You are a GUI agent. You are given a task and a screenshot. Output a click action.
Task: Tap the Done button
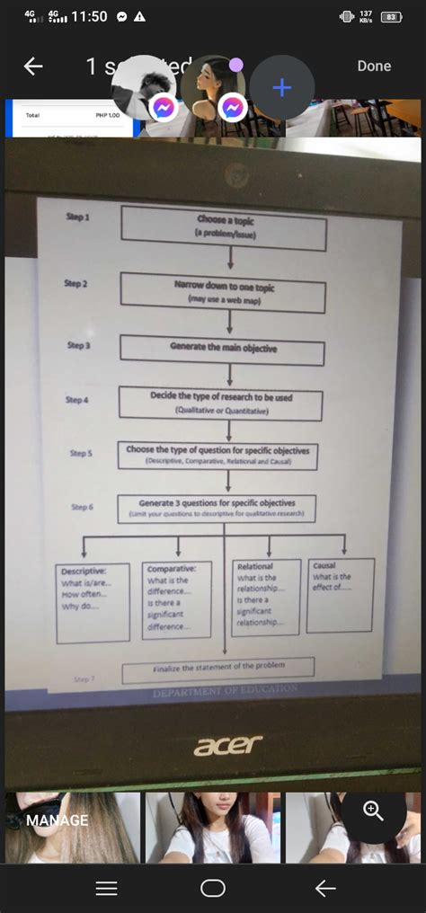pos(374,66)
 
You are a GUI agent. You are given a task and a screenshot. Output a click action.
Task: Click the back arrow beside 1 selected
pos(33,66)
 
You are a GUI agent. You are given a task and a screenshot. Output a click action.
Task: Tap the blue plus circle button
pos(282,87)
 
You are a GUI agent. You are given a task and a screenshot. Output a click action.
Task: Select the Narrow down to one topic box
pos(223,292)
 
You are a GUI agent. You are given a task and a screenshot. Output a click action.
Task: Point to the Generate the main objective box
pos(222,349)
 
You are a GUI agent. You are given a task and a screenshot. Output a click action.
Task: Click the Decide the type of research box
pos(220,403)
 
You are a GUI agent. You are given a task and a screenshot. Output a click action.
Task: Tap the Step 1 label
pos(77,217)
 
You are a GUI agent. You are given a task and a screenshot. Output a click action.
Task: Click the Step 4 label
pos(77,399)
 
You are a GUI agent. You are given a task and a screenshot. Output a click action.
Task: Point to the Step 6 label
pos(82,507)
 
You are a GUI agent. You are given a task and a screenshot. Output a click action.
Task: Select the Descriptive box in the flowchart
pos(93,603)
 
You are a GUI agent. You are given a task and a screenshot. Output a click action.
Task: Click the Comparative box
pos(177,599)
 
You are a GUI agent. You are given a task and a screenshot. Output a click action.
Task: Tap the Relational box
pos(266,597)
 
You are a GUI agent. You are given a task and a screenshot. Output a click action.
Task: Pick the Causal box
pos(340,594)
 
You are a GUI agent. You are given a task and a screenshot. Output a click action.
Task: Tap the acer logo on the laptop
pos(228,745)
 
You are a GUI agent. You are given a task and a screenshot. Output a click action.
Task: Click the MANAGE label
pos(58,820)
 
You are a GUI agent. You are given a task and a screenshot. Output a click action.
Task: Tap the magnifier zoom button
pos(373,811)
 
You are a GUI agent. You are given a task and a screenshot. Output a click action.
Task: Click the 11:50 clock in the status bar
pos(89,16)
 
